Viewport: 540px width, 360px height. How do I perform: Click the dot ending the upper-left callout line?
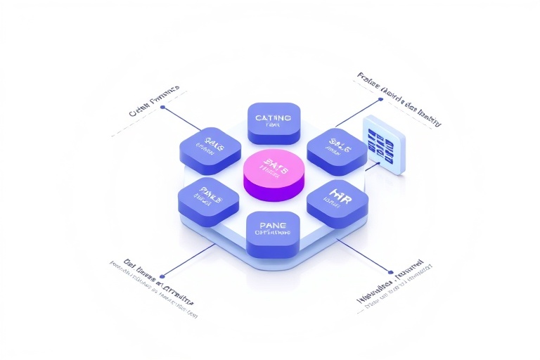(x=163, y=108)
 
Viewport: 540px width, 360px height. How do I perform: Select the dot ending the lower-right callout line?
(x=390, y=271)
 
